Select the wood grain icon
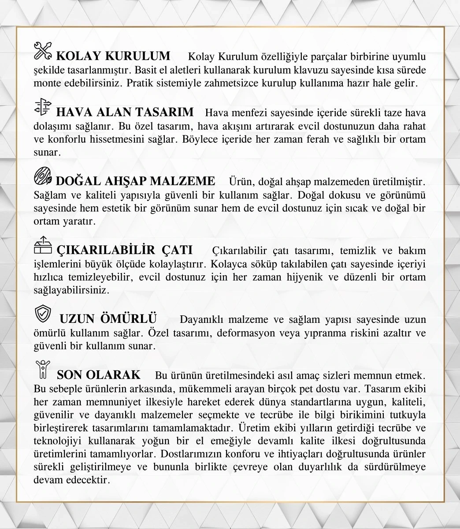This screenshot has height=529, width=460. click(43, 177)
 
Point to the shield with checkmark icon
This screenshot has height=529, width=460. click(42, 314)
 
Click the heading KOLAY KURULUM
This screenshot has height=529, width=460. click(113, 56)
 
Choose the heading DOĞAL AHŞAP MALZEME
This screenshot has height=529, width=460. click(136, 181)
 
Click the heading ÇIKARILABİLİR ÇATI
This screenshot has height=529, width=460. click(125, 250)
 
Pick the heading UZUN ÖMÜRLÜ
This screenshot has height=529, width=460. click(108, 318)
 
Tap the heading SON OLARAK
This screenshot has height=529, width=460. click(99, 375)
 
